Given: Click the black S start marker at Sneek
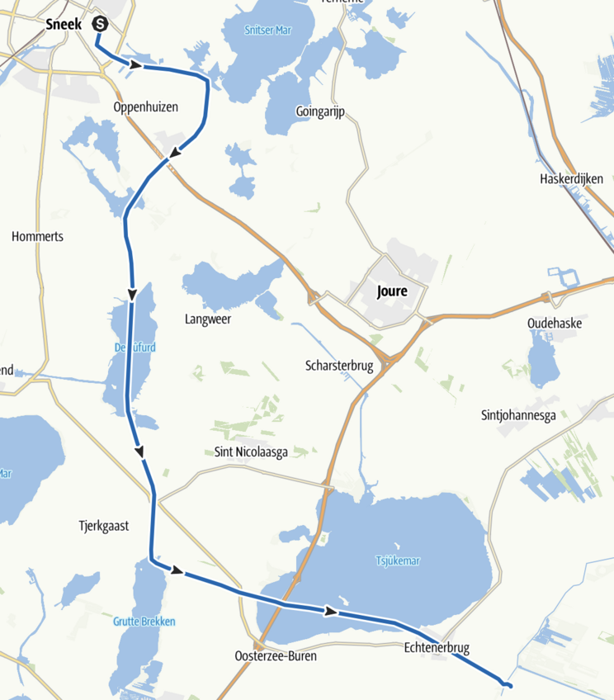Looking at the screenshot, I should tap(100, 25).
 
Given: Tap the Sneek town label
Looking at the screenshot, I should tap(64, 25).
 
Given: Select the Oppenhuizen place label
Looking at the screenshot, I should tap(146, 108).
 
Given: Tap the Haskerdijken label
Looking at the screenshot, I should tap(571, 179).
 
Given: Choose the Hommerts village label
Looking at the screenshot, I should tap(37, 237).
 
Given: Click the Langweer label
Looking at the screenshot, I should tap(208, 319).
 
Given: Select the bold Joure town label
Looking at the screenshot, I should tap(391, 291).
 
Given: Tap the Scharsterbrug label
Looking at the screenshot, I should tap(338, 366).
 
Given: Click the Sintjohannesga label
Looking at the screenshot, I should tap(518, 415).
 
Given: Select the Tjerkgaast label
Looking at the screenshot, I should tap(103, 525).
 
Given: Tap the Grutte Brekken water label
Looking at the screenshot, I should tap(144, 622).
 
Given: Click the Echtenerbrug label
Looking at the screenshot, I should tap(437, 648).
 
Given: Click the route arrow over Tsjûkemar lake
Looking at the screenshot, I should tap(331, 611).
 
